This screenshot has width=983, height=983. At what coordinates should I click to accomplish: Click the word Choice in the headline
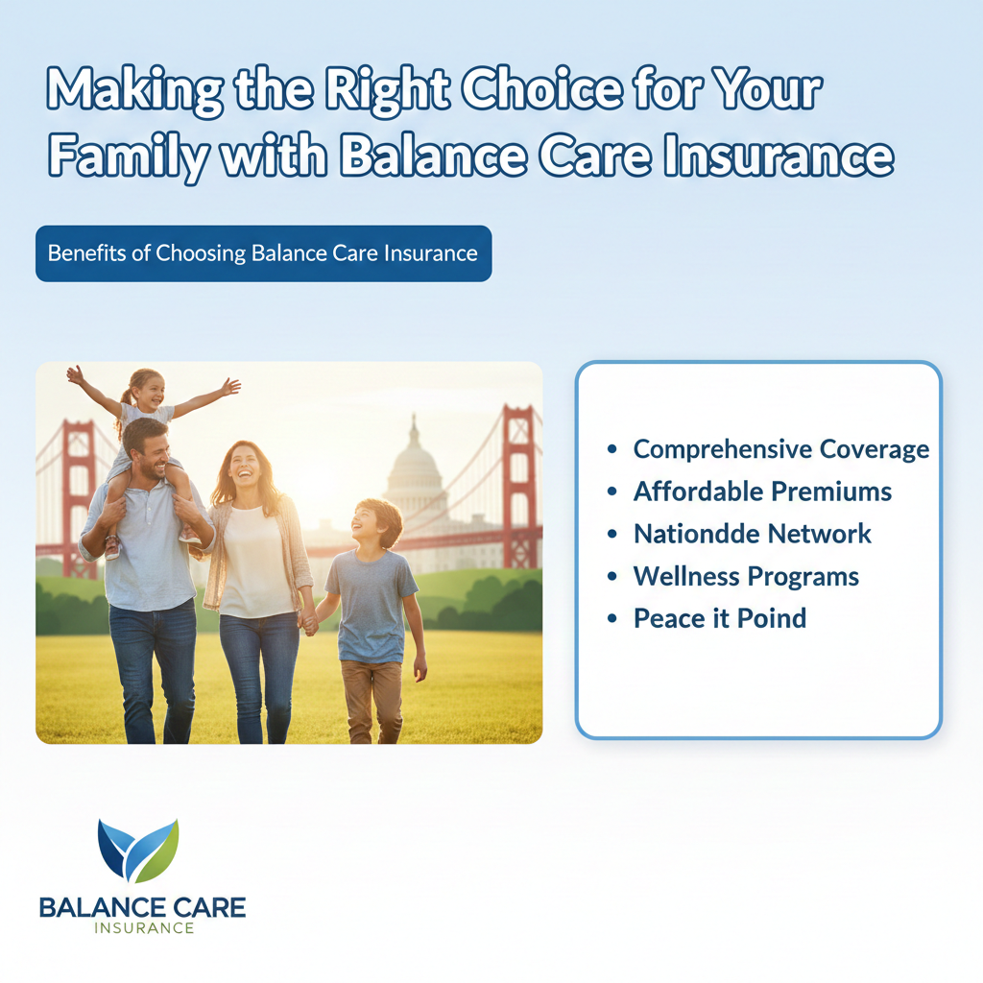point(541,89)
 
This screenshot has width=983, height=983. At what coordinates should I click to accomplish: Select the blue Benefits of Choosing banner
point(263,253)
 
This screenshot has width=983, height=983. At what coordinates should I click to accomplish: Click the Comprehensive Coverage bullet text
point(781,449)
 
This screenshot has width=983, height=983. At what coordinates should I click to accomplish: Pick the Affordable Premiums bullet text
point(762,491)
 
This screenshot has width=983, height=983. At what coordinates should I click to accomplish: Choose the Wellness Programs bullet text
point(746,577)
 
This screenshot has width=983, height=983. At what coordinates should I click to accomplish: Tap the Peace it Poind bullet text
point(720,618)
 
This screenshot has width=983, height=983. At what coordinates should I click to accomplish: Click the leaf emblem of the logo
point(138,850)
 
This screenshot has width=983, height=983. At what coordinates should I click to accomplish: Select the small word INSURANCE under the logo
point(144,928)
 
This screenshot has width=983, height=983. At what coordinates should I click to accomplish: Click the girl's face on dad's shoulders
point(148,393)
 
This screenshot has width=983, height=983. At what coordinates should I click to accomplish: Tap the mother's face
point(245,468)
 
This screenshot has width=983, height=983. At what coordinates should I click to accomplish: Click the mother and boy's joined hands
point(308,622)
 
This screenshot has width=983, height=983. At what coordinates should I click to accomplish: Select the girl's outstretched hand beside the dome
point(230,387)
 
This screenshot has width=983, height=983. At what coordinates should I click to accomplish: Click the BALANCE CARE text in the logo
point(142,908)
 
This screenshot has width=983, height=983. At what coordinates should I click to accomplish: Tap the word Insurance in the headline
point(778,156)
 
